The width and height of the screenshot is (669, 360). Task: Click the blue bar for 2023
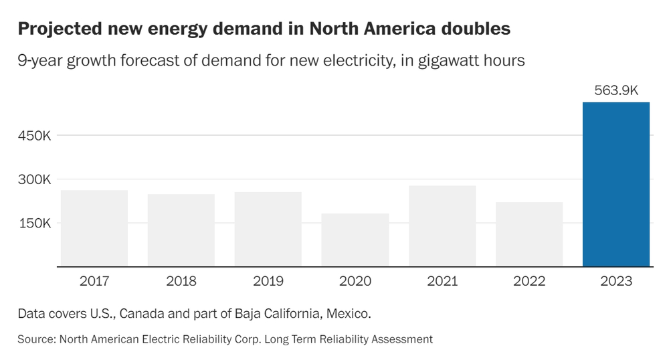coord(616,185)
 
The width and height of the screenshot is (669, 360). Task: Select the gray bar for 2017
coord(94,228)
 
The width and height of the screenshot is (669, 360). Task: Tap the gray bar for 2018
coord(181,230)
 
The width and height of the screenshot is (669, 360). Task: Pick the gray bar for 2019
coord(268,229)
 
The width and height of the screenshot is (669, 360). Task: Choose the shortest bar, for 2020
coord(355,240)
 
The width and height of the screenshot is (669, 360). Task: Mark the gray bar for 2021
coord(442,226)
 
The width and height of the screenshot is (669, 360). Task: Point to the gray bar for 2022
coord(529,234)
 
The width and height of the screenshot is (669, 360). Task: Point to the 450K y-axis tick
coord(35,135)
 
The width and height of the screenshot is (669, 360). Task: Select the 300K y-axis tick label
coord(35,179)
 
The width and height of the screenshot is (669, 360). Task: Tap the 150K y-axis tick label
coord(35,223)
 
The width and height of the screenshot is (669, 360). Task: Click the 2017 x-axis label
coord(94,281)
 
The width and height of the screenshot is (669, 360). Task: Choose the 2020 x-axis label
coord(355,281)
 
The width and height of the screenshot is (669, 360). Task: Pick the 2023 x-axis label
coord(616,281)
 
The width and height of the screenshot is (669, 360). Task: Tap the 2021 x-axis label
coord(442,281)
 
